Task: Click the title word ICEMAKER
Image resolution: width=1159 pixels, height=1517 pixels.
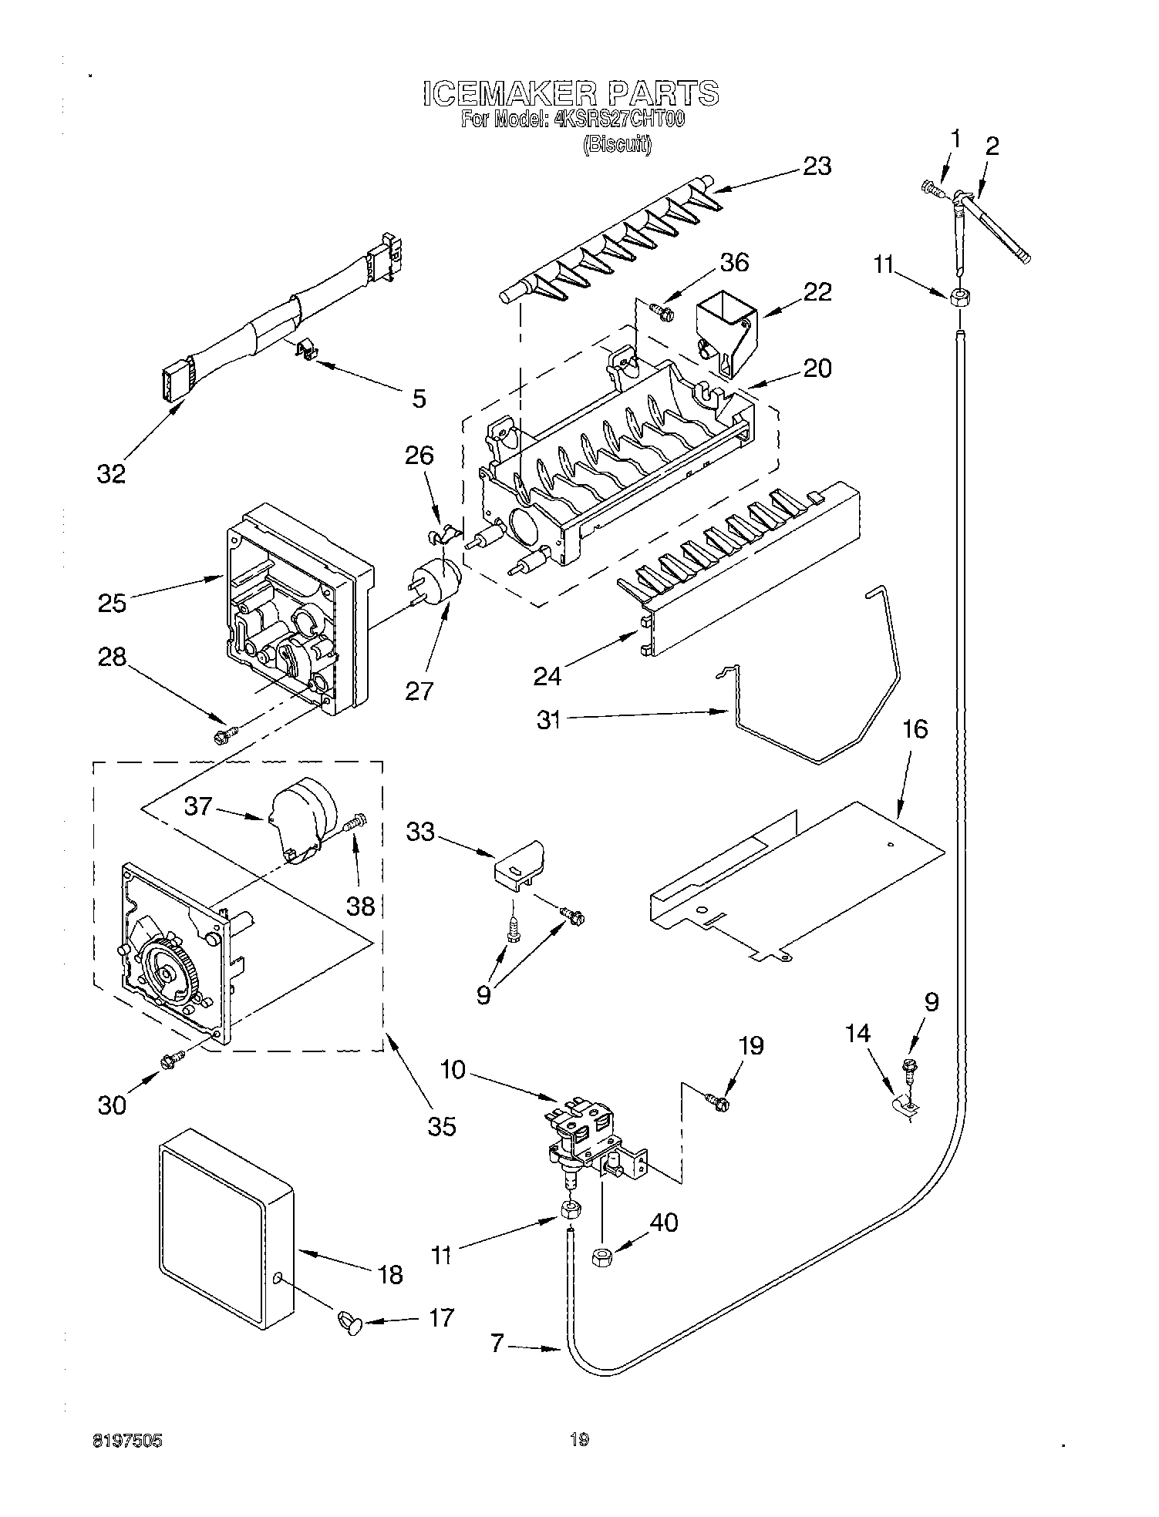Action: (x=509, y=94)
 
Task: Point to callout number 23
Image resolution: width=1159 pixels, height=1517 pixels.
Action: (x=817, y=166)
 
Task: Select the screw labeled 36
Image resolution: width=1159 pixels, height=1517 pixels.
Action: (x=661, y=311)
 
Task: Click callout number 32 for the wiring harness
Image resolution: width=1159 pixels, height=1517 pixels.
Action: (x=111, y=473)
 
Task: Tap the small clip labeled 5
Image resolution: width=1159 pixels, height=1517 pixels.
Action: (x=308, y=351)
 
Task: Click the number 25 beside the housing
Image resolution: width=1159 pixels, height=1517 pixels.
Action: (x=112, y=602)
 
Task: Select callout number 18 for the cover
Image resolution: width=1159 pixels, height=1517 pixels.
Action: (x=390, y=1275)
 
